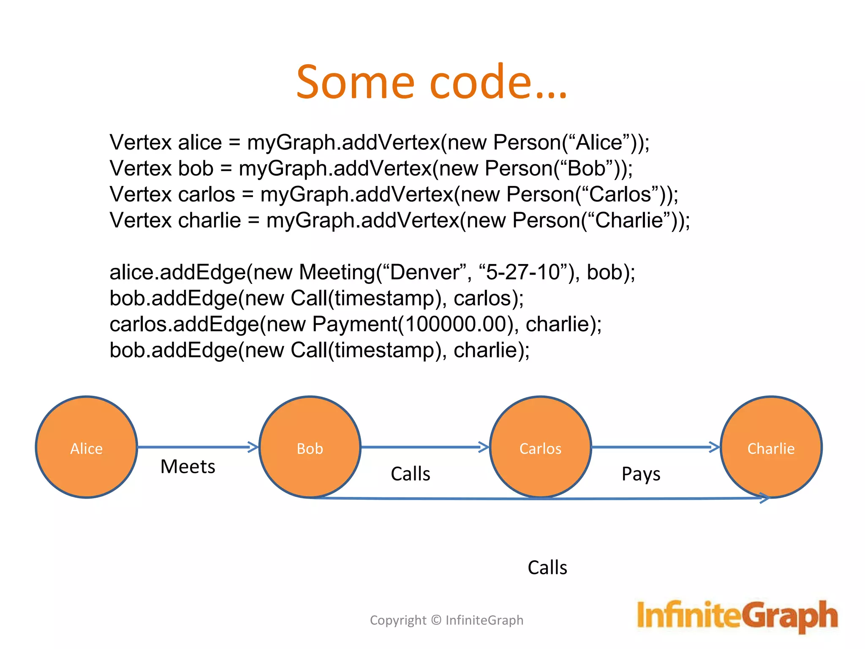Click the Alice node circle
(87, 447)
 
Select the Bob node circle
(310, 447)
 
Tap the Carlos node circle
(540, 447)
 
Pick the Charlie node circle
(771, 447)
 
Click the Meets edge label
(188, 467)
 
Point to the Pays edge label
(641, 474)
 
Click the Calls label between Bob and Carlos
(411, 474)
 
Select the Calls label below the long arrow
(547, 567)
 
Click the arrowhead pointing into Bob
(253, 447)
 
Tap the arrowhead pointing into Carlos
(484, 447)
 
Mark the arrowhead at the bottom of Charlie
(765, 498)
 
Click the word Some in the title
(355, 82)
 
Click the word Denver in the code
(424, 272)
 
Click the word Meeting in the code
(337, 272)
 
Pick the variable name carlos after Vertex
(206, 194)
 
